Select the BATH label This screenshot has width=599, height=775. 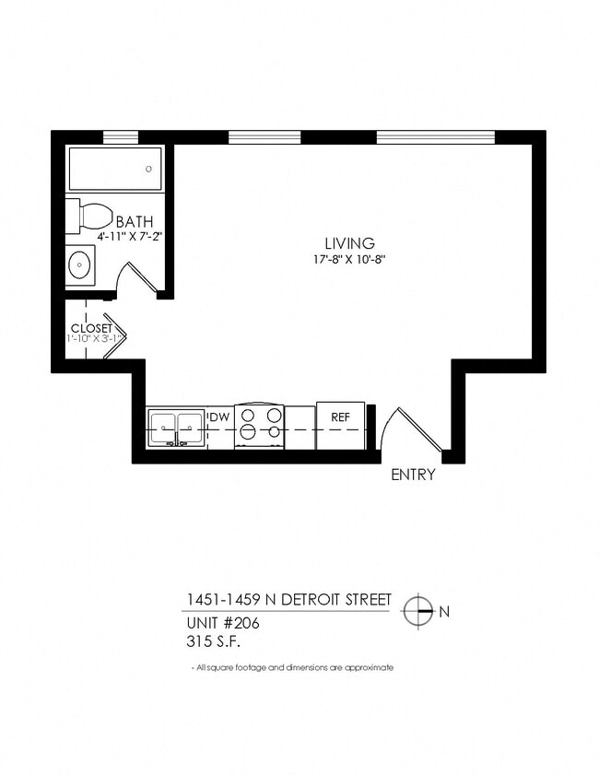click(x=134, y=221)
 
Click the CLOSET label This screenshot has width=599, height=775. click(x=91, y=328)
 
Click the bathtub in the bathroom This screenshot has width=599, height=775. click(x=115, y=169)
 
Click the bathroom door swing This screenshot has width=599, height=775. click(x=138, y=277)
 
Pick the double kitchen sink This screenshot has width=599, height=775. click(x=176, y=428)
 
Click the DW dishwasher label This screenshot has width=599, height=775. click(x=219, y=417)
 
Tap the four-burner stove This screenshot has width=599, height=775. click(x=259, y=425)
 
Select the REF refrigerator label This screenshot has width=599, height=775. click(x=340, y=417)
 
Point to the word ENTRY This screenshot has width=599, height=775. click(x=413, y=476)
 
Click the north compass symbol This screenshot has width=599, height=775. click(x=419, y=610)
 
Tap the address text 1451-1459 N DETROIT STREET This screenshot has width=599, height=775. click(x=288, y=600)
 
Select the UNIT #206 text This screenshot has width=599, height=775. click(x=221, y=622)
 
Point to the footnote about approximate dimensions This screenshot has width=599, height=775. click(x=291, y=667)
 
